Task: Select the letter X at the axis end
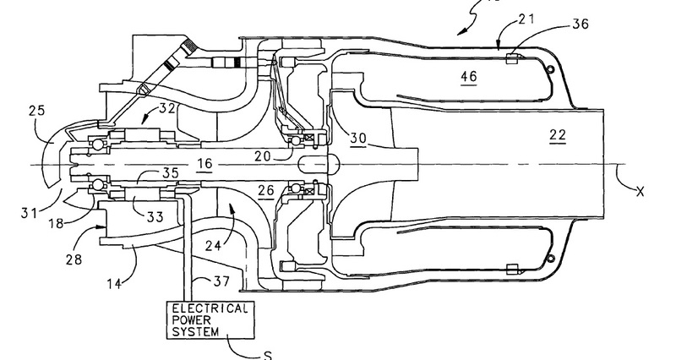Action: pyautogui.click(x=640, y=193)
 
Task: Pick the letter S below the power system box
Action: pyautogui.click(x=266, y=355)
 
